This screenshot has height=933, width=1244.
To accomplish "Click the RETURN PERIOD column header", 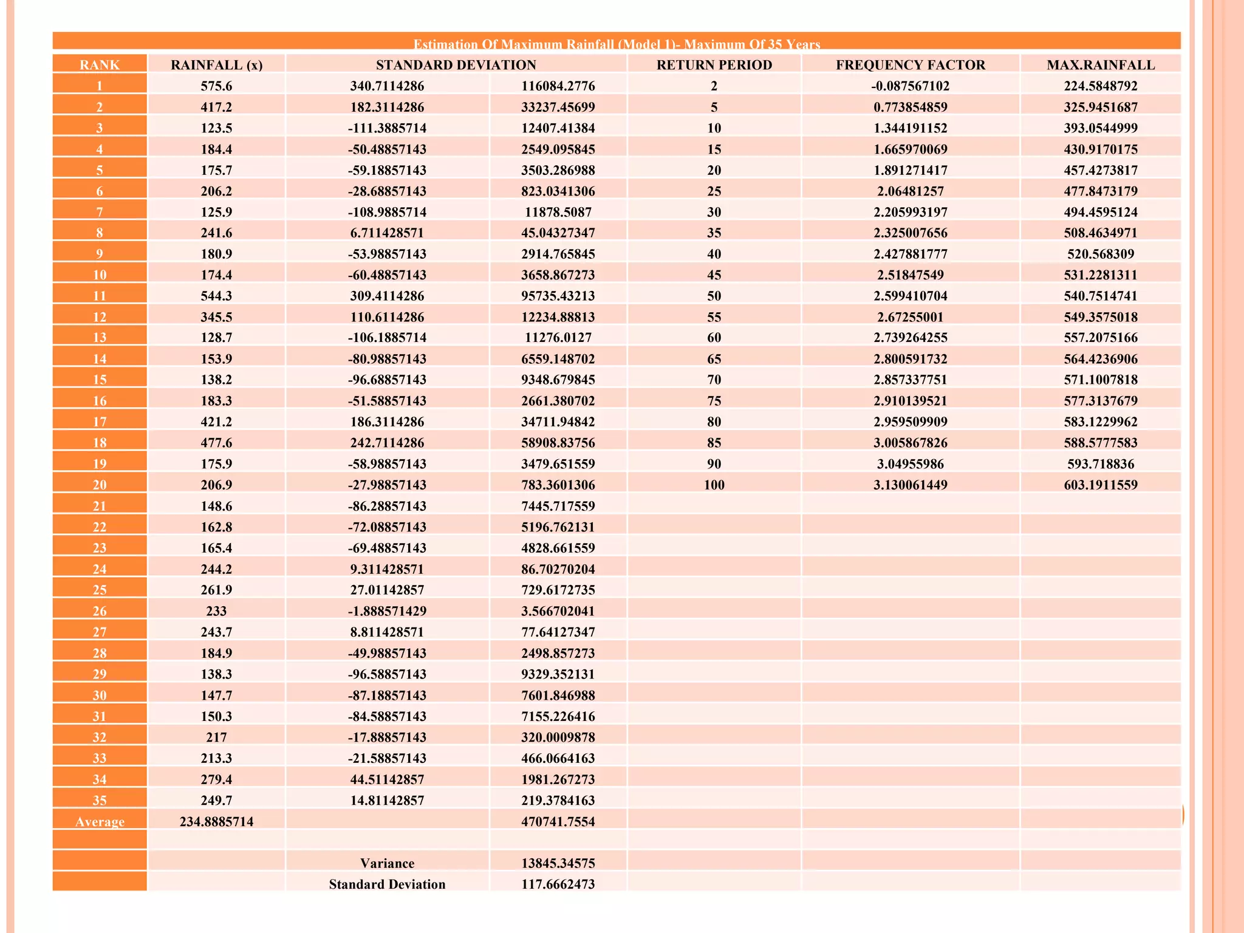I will coord(714,65).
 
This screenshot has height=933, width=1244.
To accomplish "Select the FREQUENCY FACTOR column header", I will coord(910,65).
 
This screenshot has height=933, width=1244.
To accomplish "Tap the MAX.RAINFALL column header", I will coord(1100,65).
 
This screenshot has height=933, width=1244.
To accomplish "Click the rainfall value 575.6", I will coord(216,86).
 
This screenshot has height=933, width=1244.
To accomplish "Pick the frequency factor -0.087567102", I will coord(910,86).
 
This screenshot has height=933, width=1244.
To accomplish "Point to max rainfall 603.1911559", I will coord(1100,485).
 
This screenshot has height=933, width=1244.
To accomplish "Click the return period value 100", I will coord(714,485).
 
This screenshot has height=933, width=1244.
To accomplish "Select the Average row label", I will coord(100,822).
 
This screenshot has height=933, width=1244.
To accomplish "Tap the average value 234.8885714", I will coord(216,822).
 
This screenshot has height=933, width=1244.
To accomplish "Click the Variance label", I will coord(387,863).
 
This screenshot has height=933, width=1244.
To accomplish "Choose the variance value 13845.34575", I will coord(558,863).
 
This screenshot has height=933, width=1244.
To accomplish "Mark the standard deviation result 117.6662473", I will coord(558,884).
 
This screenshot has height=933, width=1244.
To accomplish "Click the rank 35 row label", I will coord(100,801).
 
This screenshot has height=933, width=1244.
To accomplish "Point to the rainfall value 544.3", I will coord(216,296).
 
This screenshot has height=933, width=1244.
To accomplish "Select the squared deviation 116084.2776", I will coord(558,86).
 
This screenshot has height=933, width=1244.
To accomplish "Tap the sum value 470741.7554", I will coord(558,822).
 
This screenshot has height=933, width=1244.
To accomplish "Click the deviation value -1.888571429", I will coord(387,611).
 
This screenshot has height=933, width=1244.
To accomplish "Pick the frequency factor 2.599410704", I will coord(910,296).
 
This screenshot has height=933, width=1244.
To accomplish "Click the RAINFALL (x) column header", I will coord(216,65).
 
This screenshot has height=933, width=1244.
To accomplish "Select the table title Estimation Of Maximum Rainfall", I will coord(616,44).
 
